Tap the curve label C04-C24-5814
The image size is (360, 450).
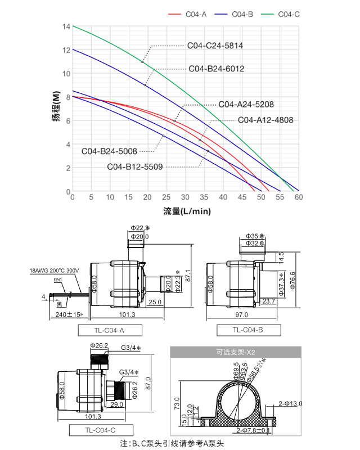(x=215, y=45)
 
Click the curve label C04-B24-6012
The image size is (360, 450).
(x=216, y=69)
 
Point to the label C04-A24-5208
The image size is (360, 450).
(x=246, y=105)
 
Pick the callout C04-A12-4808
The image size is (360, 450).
(x=265, y=120)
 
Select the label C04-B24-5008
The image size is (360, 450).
(x=109, y=151)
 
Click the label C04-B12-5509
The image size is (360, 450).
(x=135, y=166)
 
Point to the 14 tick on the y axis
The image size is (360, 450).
(x=66, y=26)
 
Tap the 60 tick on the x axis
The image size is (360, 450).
(x=299, y=197)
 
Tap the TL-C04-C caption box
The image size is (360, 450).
(x=101, y=430)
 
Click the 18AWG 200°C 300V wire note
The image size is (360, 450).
(x=55, y=271)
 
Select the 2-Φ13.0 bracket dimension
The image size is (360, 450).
(x=291, y=403)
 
